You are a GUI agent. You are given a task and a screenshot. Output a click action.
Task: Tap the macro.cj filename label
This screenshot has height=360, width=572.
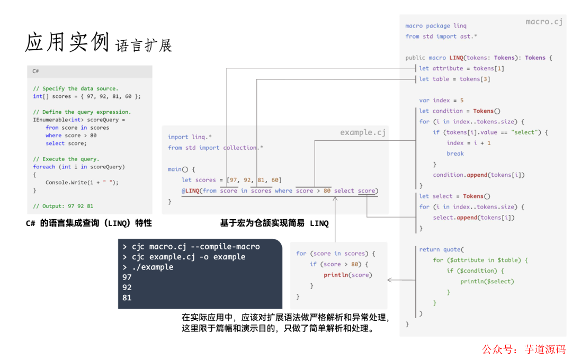(x=544, y=22)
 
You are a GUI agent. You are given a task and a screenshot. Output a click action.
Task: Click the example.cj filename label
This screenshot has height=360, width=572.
(x=363, y=132)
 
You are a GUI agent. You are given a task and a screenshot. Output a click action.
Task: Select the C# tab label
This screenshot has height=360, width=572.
(x=35, y=71)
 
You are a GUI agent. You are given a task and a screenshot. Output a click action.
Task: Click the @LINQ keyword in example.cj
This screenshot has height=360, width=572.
(x=191, y=191)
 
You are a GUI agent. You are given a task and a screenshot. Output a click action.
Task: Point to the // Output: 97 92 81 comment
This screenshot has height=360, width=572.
(x=63, y=206)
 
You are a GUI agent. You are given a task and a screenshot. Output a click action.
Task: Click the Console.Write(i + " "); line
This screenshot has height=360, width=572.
(x=82, y=183)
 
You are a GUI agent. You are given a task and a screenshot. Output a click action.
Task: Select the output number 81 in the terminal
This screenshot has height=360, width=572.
(x=127, y=298)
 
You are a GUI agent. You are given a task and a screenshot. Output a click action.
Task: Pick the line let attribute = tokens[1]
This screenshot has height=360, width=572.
(x=461, y=68)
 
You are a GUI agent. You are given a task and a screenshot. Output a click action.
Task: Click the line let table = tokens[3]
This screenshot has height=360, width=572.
(x=454, y=79)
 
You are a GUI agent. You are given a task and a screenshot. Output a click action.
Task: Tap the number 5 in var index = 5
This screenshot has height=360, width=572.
(x=462, y=101)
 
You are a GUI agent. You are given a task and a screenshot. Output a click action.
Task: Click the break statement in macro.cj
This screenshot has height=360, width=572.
(x=455, y=154)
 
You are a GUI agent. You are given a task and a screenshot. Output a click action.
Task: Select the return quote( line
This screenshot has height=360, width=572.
(x=441, y=249)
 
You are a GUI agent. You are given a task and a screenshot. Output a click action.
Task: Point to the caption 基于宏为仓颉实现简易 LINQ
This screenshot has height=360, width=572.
(x=274, y=223)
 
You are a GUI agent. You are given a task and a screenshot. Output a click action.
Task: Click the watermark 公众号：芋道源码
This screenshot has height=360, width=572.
(x=523, y=349)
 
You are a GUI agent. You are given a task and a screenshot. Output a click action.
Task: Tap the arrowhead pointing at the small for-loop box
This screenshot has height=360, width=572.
(x=390, y=280)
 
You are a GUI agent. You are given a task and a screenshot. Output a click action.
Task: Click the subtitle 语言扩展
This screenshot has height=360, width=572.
(x=144, y=45)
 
